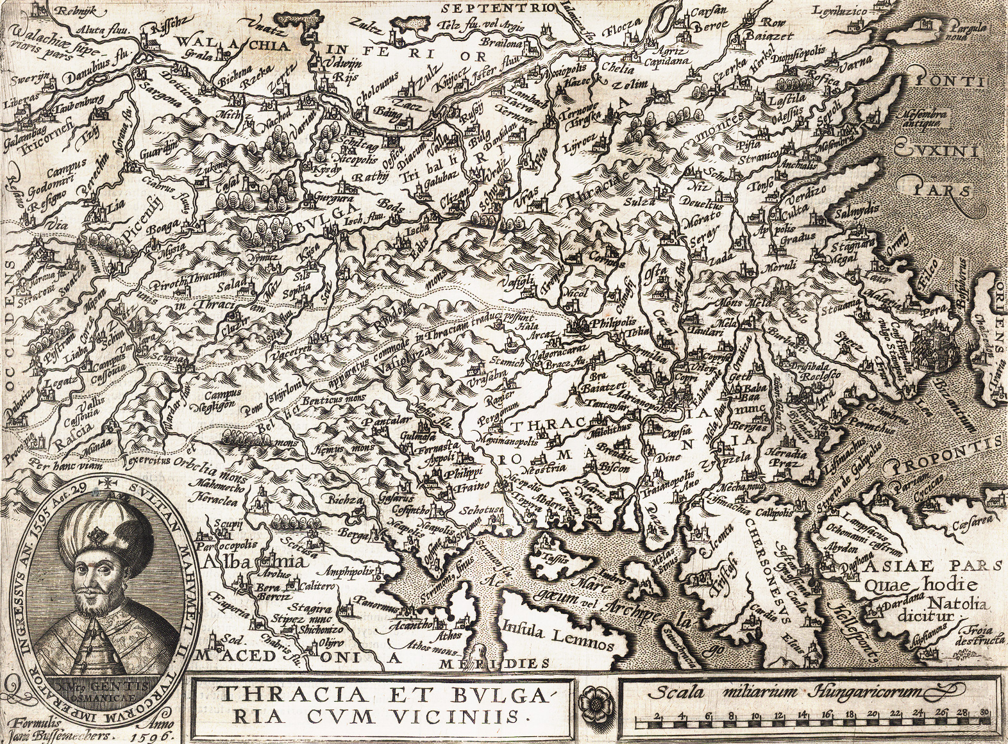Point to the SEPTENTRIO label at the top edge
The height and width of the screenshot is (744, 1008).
coord(497,8)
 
